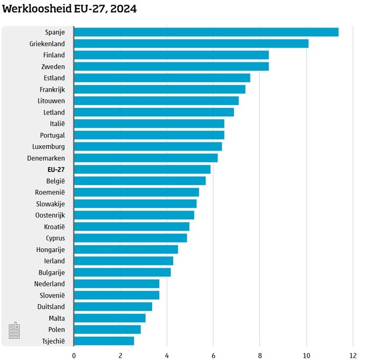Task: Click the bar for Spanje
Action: (x=206, y=32)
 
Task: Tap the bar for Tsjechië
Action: (x=104, y=341)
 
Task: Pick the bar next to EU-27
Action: (x=142, y=169)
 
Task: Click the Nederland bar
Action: (x=117, y=284)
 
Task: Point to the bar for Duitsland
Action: (x=113, y=306)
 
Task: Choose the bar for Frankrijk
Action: (x=159, y=89)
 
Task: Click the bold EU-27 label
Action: (x=56, y=169)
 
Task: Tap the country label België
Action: (x=55, y=181)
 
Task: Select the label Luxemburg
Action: (x=48, y=146)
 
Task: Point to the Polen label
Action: (x=56, y=330)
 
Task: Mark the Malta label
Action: (x=57, y=318)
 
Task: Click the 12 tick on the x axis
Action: (x=352, y=355)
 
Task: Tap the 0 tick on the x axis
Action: (x=74, y=355)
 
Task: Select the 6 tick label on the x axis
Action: (x=213, y=355)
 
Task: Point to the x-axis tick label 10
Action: (x=306, y=355)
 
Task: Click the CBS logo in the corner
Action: (x=13, y=331)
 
